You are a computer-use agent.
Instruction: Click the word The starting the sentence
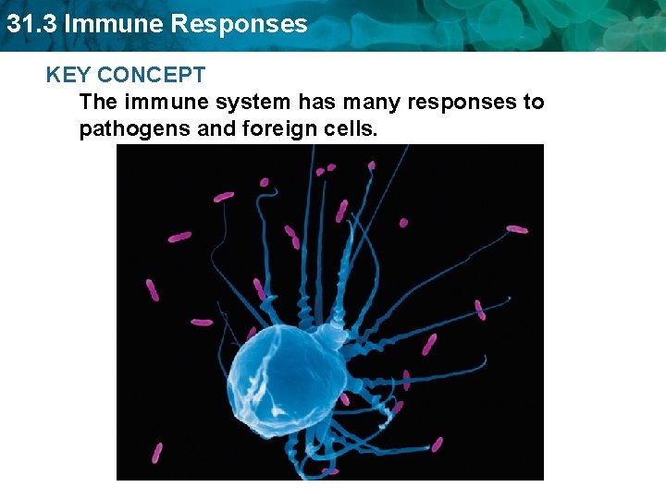99,102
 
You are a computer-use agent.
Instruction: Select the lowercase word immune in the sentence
170,102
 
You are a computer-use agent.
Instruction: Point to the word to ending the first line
534,102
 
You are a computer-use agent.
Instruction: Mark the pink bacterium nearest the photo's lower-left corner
157,452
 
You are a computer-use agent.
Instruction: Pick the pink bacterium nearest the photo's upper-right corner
517,228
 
